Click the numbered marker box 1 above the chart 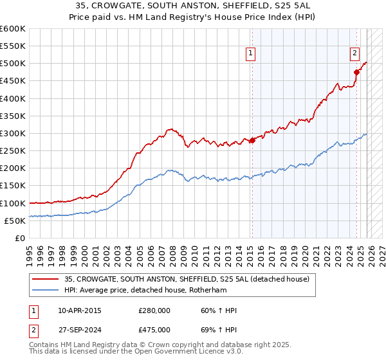point(250,54)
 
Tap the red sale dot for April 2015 point(252,140)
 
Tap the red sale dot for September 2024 point(356,72)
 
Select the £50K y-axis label point(15,221)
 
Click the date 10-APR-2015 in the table point(80,310)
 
